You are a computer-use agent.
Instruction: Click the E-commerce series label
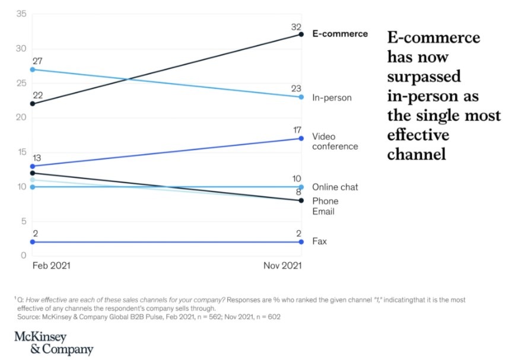[340, 34]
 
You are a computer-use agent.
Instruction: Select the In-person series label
[332, 97]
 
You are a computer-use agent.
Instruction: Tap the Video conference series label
[335, 142]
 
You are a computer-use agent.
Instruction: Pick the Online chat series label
[335, 187]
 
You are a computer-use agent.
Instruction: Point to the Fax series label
[319, 242]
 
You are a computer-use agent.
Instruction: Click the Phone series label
[325, 201]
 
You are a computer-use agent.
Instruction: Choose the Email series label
[323, 211]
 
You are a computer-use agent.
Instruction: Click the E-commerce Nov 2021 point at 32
[301, 34]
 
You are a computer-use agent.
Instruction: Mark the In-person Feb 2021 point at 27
[32, 69]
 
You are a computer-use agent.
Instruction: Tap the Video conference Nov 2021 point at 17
[301, 138]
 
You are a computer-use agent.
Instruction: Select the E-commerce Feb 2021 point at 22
[32, 104]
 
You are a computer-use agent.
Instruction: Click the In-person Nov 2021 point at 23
[301, 97]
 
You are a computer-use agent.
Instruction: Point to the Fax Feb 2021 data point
[32, 242]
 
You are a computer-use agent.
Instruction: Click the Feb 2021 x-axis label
[51, 266]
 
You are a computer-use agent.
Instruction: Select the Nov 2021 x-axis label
[282, 266]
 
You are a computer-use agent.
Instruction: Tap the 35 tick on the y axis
[21, 14]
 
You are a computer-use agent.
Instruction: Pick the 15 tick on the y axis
[21, 152]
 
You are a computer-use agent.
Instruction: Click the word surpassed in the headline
[424, 78]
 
